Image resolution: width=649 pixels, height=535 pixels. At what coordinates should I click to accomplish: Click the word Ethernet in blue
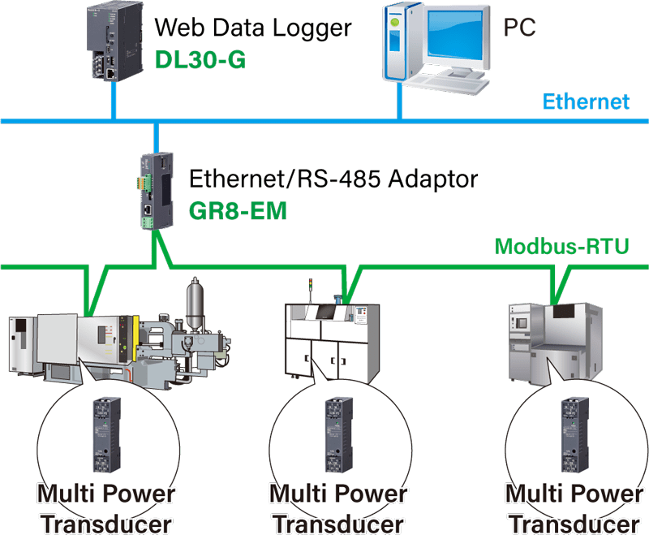[x=586, y=102]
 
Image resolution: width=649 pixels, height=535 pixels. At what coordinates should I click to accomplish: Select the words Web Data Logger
[x=252, y=28]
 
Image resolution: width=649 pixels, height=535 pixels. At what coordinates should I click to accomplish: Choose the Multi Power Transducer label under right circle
[x=574, y=507]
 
